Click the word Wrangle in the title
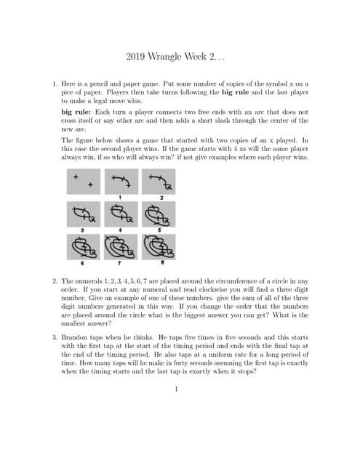pos(164,57)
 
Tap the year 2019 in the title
pos(135,57)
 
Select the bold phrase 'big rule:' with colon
pos(76,112)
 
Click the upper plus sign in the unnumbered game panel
pos(76,177)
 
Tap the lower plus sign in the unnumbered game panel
pos(90,185)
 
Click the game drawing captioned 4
pos(121,214)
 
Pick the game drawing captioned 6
pos(84,247)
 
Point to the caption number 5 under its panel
pos(159,230)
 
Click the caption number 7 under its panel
pos(119,263)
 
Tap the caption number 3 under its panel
pos(82,230)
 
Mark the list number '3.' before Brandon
pos(55,337)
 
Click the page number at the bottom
pos(176,389)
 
